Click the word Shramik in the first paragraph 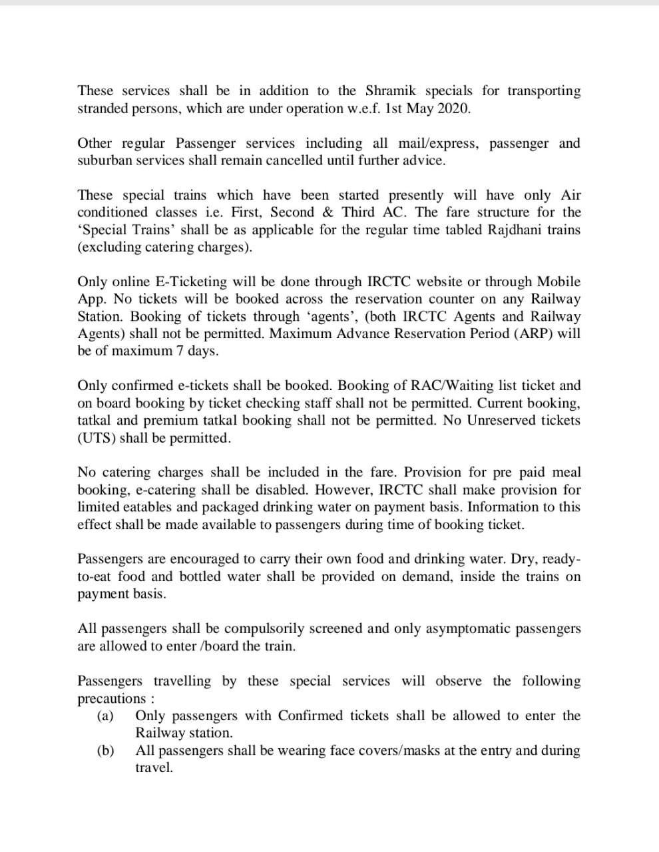tap(390, 91)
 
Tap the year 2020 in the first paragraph tap(454, 108)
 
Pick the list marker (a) tap(105, 716)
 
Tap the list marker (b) tap(105, 750)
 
